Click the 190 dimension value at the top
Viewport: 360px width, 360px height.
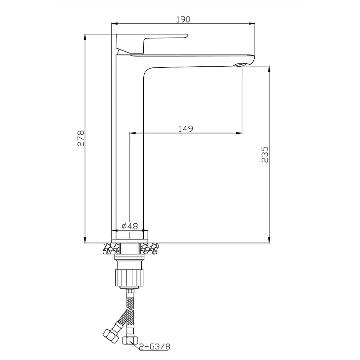pyautogui.click(x=183, y=19)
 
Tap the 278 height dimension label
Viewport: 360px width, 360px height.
pyautogui.click(x=81, y=138)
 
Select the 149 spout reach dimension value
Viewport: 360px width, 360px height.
pyautogui.click(x=186, y=129)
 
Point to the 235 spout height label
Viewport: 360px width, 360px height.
pyautogui.click(x=265, y=154)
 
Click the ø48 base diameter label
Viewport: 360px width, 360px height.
pyautogui.click(x=130, y=226)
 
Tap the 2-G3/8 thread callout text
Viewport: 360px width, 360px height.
pyautogui.click(x=155, y=347)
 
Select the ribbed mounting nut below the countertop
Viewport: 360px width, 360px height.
pyautogui.click(x=129, y=278)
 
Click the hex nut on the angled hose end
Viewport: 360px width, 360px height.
pyautogui.click(x=110, y=336)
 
